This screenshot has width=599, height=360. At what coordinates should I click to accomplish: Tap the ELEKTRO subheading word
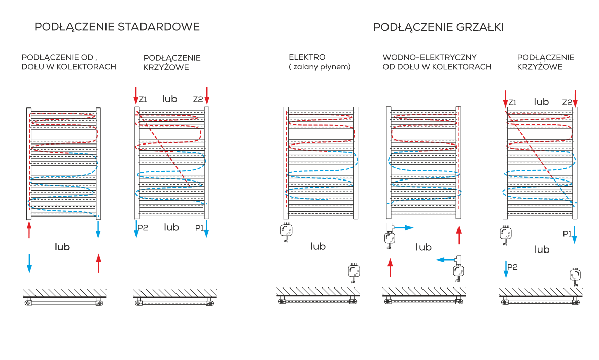click(x=307, y=57)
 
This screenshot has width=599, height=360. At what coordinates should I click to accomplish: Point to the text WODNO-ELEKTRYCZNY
click(x=430, y=57)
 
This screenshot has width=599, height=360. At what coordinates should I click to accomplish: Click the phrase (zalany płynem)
click(x=320, y=67)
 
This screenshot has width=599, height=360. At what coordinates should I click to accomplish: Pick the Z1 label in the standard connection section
click(x=143, y=100)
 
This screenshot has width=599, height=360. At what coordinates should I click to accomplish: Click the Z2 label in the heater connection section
click(x=567, y=103)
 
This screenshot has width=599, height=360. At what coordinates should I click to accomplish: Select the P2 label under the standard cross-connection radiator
click(x=143, y=228)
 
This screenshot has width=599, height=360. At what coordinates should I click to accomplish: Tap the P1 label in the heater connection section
click(x=567, y=234)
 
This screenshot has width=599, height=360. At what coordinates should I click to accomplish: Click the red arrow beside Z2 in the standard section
click(x=207, y=95)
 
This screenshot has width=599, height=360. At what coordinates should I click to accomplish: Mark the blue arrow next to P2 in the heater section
click(x=506, y=270)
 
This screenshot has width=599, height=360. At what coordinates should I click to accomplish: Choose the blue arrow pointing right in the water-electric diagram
click(x=404, y=228)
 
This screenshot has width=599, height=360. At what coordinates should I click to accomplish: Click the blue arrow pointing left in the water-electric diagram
click(x=446, y=260)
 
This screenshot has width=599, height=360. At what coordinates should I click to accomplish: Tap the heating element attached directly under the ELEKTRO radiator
click(x=287, y=231)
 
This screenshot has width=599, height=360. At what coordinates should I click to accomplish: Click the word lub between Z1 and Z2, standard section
click(x=169, y=99)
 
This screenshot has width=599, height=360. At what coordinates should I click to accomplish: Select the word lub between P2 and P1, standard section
click(x=171, y=227)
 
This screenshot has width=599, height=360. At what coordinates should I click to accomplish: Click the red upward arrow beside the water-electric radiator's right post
click(x=459, y=235)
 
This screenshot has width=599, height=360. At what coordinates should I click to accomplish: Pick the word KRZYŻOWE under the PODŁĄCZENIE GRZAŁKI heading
click(x=540, y=67)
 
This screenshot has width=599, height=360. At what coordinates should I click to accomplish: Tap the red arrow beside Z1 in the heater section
click(x=505, y=99)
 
